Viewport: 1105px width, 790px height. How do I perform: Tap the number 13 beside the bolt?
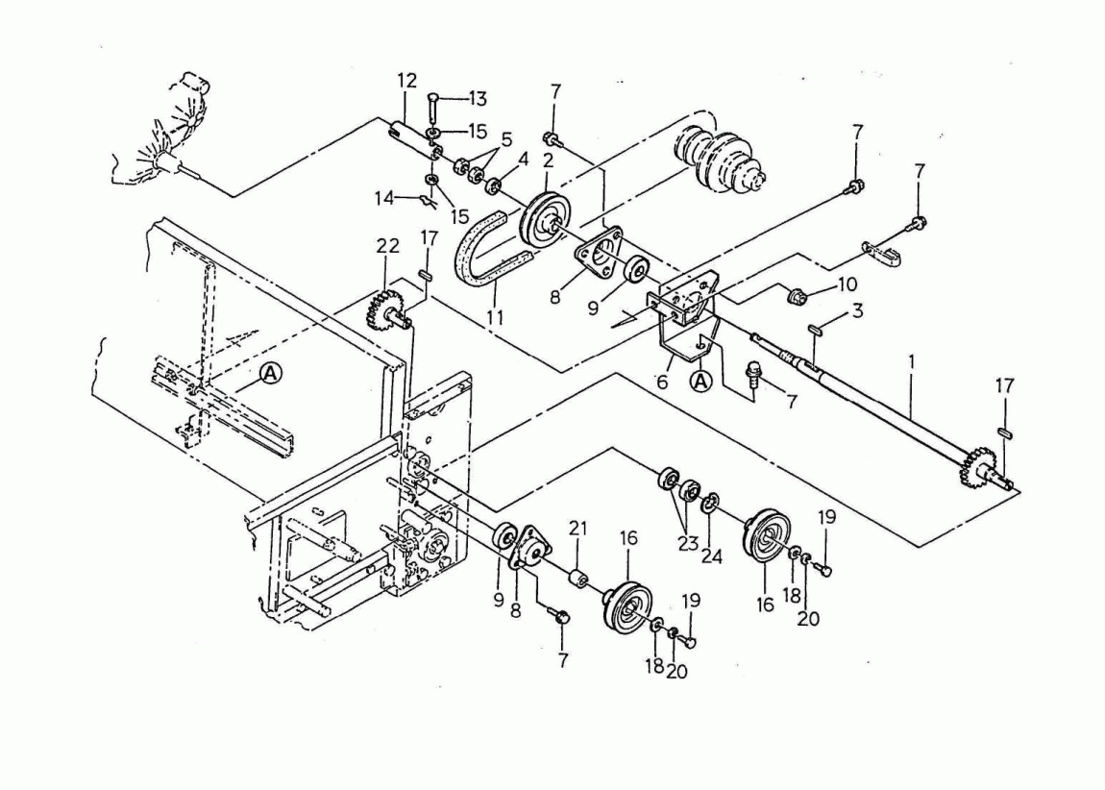tap(478, 98)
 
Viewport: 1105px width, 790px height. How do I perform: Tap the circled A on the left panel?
tap(272, 375)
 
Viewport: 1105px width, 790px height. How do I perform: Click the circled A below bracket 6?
tap(703, 382)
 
